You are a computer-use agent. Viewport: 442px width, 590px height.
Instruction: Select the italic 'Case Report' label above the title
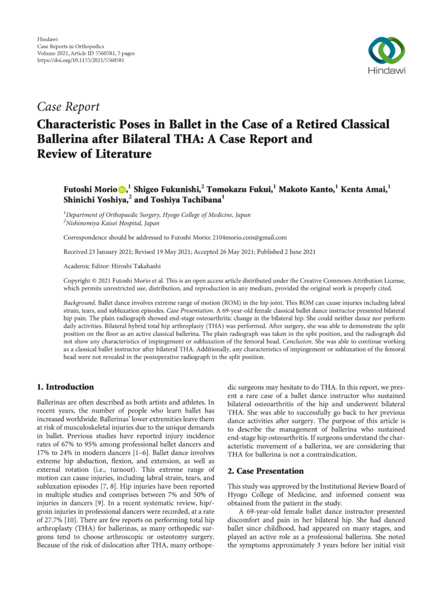coord(68,107)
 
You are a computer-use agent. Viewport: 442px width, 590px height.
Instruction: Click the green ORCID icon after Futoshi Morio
coord(122,190)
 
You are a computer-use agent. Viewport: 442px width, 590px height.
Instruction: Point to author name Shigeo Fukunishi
coord(167,190)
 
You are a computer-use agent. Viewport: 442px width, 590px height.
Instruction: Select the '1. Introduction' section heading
coord(65,387)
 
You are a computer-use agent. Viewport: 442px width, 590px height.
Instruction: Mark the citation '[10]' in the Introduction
coord(89,511)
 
